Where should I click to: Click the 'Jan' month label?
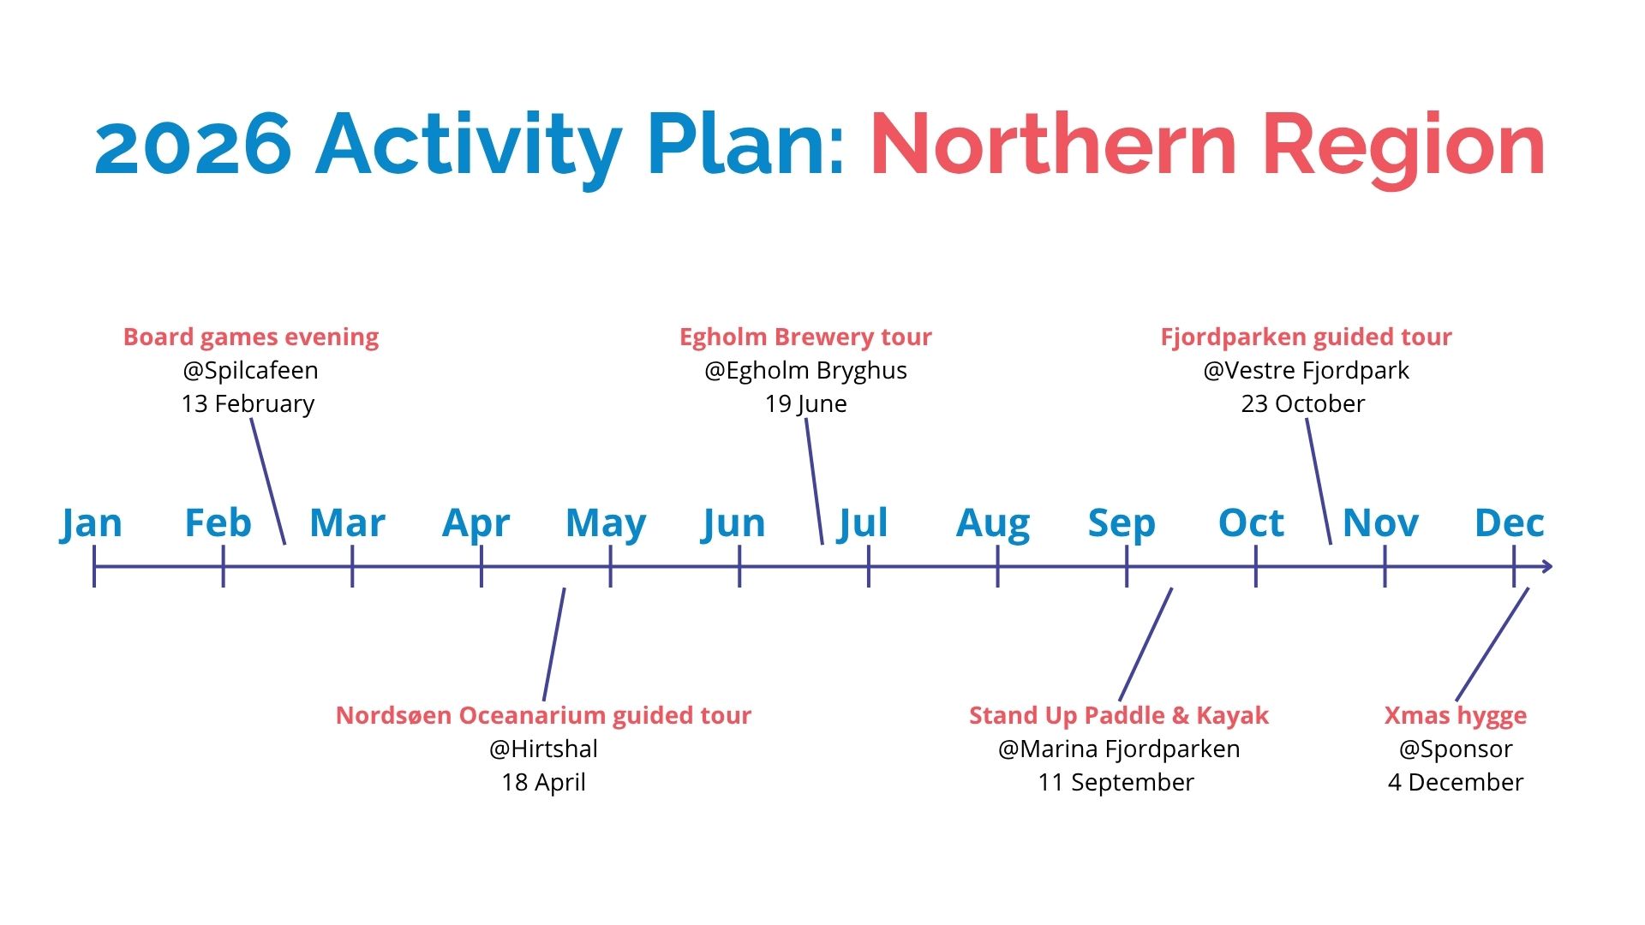click(91, 523)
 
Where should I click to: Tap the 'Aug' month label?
click(993, 523)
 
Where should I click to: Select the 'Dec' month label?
click(1510, 522)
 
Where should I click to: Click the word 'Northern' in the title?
click(1054, 145)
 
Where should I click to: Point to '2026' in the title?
click(194, 145)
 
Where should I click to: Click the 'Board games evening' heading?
click(251, 337)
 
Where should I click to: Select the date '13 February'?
click(248, 403)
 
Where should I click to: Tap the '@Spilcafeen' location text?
click(250, 370)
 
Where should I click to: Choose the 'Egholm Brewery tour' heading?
click(805, 337)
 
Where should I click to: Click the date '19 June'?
click(805, 403)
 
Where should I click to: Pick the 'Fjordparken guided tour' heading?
click(1306, 337)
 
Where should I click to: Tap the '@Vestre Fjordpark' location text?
click(1306, 370)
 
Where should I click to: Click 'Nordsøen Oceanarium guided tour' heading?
click(543, 715)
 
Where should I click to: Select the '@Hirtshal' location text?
click(543, 749)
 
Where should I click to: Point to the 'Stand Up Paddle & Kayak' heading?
click(1118, 715)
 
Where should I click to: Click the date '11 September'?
click(1116, 782)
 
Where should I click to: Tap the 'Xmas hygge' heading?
click(1456, 715)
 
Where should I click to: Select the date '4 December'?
click(1456, 782)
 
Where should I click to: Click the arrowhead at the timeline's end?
click(1546, 566)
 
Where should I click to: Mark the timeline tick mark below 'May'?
click(610, 566)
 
